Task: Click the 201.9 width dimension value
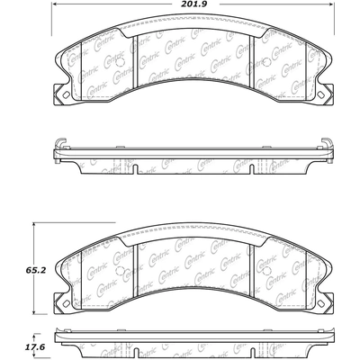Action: tap(193, 6)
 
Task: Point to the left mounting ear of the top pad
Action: tap(61, 93)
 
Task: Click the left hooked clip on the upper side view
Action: tap(60, 143)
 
